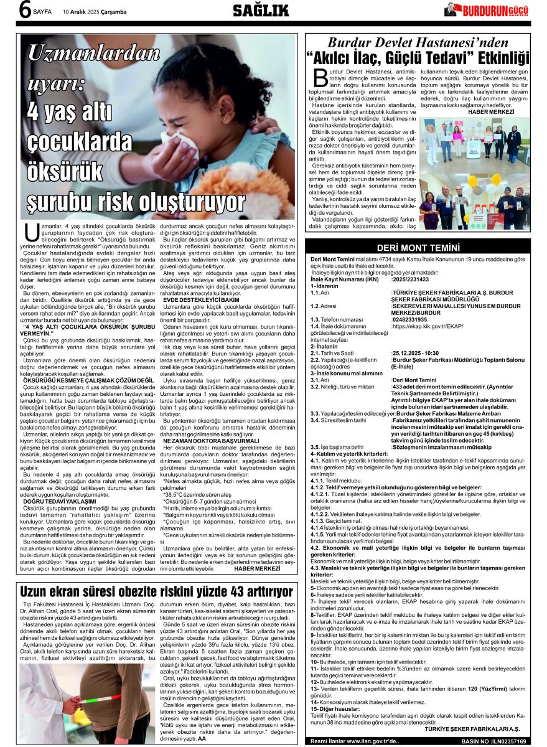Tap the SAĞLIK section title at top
tap(261, 10)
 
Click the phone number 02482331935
tap(410, 319)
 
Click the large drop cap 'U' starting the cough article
tap(30, 232)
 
